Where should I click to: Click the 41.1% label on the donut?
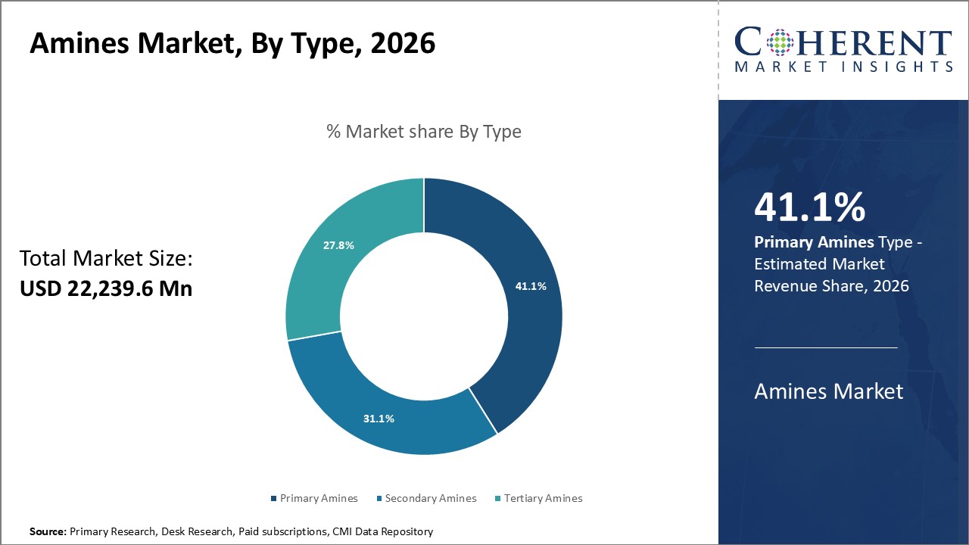click(x=531, y=286)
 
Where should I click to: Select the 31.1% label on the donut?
click(x=379, y=419)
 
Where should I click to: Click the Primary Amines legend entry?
click(x=313, y=498)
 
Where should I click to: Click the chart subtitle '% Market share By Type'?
click(x=423, y=131)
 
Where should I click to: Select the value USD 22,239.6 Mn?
click(x=106, y=288)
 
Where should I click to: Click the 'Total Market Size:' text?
click(x=106, y=259)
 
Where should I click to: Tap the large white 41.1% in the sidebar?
click(x=809, y=208)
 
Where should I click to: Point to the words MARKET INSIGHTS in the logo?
click(x=843, y=67)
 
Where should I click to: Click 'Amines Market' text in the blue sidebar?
click(x=828, y=391)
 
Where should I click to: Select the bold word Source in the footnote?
click(x=48, y=531)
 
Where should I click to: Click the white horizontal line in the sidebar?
click(x=825, y=347)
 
